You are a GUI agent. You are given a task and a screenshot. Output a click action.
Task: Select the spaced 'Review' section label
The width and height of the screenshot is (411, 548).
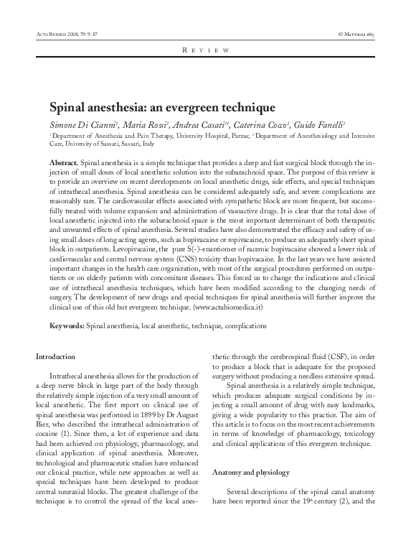point(205,51)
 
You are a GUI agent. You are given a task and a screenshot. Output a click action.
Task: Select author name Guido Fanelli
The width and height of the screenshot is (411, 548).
point(316,125)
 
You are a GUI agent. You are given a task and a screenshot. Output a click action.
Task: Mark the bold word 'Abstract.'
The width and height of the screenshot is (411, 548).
point(64,164)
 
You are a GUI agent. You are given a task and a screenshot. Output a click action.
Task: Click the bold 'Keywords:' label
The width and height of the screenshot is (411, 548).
point(66,325)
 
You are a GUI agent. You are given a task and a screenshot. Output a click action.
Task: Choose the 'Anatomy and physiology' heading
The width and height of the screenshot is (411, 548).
point(248,473)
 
